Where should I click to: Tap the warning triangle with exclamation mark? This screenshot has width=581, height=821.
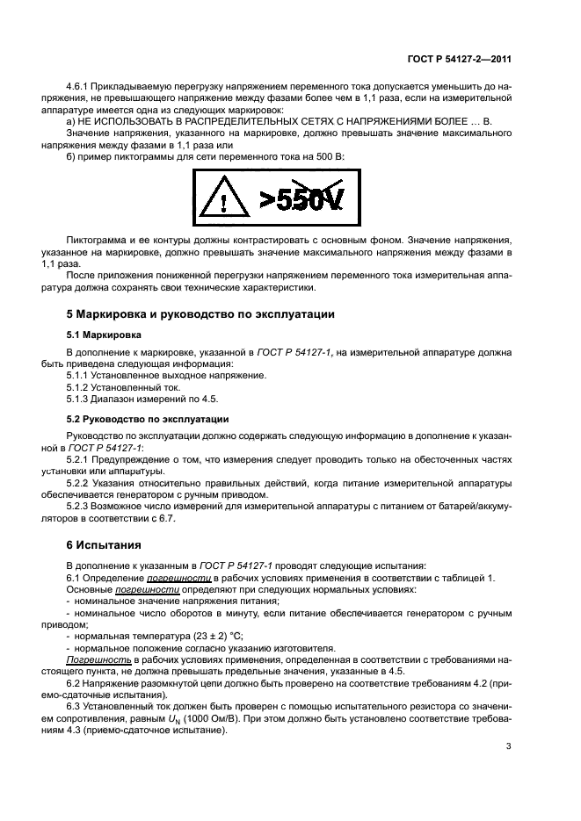(x=225, y=200)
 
